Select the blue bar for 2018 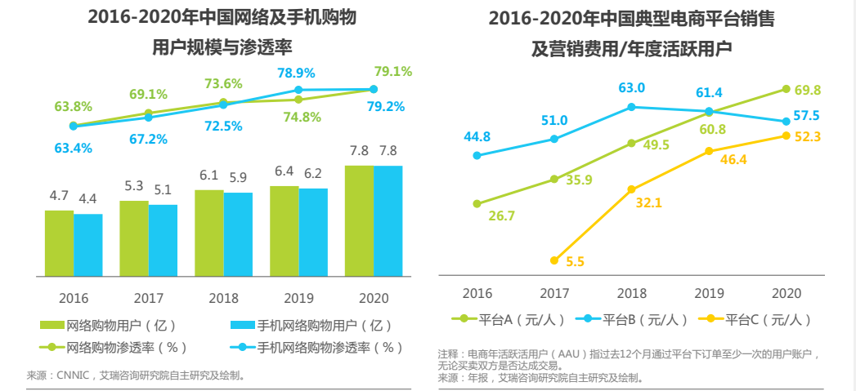(238, 233)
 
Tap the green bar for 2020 (359, 220)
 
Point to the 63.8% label (73, 106)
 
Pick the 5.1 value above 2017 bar (163, 190)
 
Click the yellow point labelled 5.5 (554, 260)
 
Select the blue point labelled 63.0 (632, 106)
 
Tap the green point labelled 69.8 (787, 89)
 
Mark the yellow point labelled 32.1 (632, 189)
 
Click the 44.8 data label (477, 136)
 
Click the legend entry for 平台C (756, 319)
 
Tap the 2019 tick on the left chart (298, 298)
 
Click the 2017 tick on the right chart (554, 292)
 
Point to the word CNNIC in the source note (77, 375)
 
